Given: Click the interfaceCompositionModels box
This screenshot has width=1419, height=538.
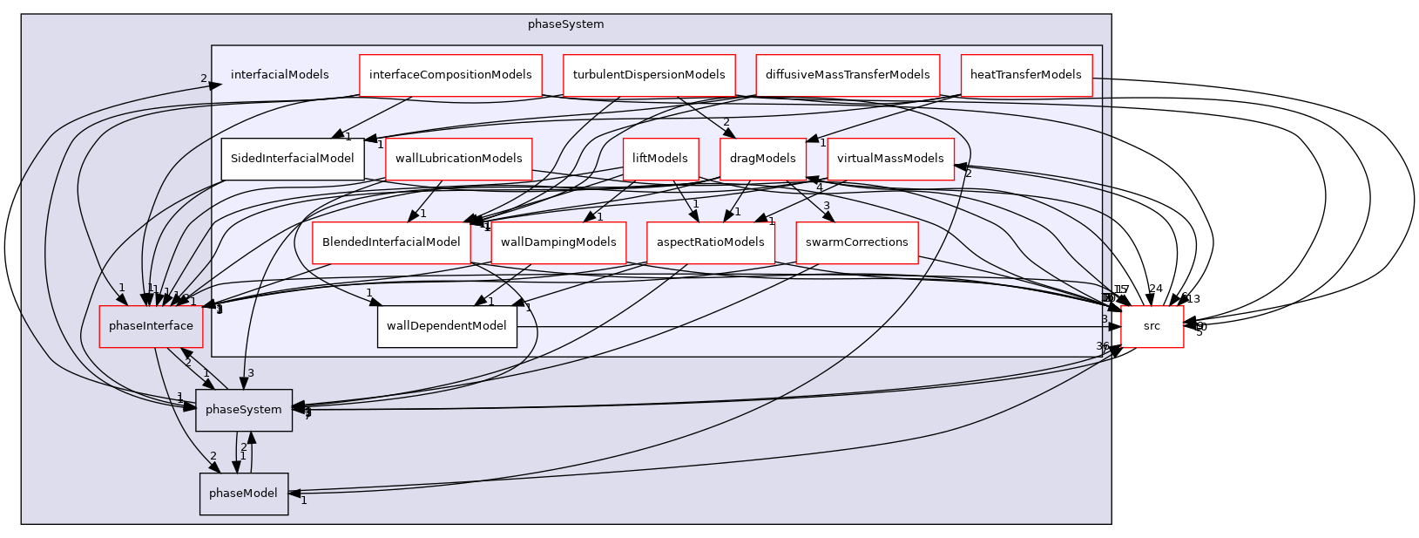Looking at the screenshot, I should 450,75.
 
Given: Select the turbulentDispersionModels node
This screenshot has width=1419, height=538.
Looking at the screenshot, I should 649,75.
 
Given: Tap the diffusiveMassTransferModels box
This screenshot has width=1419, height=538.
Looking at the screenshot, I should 848,75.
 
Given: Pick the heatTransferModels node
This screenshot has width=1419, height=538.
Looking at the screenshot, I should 1025,75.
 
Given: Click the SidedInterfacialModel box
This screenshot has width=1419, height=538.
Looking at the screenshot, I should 292,159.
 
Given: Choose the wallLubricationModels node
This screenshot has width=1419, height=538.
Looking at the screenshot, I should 458,159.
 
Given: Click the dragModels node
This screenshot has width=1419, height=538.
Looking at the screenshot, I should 762,159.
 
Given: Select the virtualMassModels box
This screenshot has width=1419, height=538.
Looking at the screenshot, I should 890,159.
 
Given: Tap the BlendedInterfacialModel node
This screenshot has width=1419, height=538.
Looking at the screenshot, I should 390,242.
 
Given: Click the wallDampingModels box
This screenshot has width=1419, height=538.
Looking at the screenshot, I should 558,242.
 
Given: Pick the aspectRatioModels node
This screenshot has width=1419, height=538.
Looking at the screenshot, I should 711,242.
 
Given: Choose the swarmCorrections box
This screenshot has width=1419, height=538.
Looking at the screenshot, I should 856,242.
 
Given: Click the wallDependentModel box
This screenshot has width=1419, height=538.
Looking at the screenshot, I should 447,326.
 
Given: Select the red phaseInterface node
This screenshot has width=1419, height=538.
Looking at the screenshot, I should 152,326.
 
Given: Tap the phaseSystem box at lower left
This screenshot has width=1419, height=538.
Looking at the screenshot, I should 244,410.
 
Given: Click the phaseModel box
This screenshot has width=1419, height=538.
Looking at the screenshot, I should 244,494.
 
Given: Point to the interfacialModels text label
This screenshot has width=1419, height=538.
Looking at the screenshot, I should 280,75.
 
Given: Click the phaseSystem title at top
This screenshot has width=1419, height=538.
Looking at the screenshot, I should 565,24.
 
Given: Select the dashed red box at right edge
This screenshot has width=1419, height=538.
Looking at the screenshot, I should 1152,327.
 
